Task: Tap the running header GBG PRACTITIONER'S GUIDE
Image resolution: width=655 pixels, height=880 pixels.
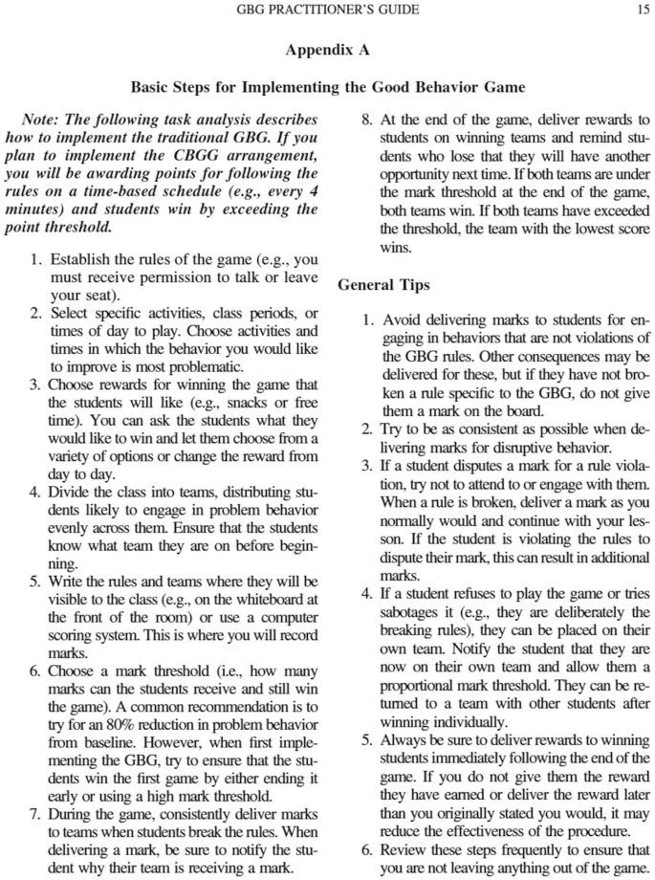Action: coord(327,11)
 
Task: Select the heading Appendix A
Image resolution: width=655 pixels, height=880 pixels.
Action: coord(327,50)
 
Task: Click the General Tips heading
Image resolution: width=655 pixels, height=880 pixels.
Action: coord(382,284)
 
